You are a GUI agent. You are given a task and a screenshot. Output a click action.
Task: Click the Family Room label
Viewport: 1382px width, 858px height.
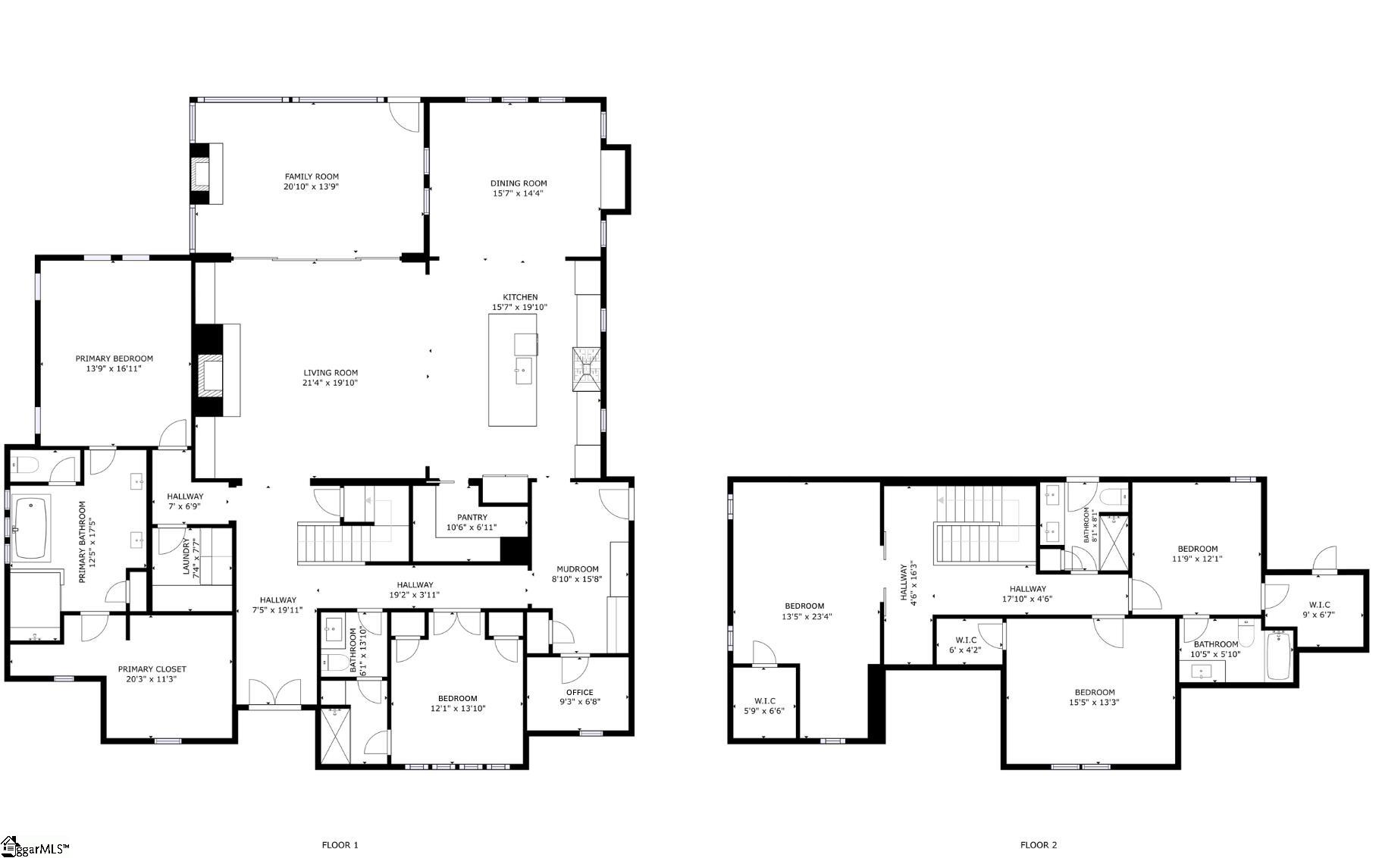coord(312,177)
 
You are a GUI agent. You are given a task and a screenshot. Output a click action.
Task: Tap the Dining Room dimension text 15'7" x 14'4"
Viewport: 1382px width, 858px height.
coord(519,193)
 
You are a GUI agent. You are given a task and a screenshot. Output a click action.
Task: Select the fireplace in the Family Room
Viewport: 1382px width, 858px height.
coord(203,174)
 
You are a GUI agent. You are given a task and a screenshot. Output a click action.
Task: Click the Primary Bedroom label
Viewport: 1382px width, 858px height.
coord(114,359)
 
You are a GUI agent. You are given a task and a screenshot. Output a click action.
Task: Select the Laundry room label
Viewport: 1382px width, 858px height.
coord(186,557)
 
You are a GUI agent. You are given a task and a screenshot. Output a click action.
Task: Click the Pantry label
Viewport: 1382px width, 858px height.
coord(472,517)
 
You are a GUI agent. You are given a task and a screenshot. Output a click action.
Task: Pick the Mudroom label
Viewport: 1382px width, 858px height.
coord(578,569)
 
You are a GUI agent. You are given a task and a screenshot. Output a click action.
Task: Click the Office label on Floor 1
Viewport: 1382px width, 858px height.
coord(580,692)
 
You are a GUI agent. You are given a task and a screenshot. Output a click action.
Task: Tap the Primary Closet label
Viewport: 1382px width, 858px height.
coord(152,669)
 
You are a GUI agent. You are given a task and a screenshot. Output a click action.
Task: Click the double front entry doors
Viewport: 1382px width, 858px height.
coord(274,693)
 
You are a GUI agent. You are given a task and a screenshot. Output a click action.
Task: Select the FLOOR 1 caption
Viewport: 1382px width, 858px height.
coord(340,845)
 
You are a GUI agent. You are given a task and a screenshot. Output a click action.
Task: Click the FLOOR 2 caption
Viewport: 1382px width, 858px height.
coord(1038,845)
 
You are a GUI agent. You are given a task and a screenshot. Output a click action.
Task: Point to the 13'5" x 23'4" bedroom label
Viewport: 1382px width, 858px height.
coord(804,606)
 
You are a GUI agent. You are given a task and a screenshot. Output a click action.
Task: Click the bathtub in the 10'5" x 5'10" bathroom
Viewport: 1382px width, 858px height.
coord(1278,656)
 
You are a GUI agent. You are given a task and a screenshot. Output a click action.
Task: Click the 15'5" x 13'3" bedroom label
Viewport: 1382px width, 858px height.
coord(1094,692)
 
